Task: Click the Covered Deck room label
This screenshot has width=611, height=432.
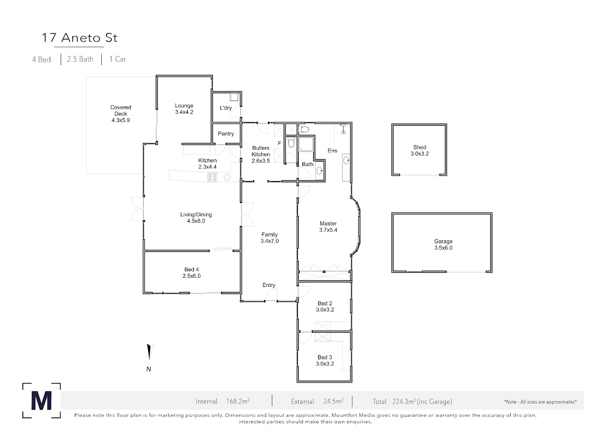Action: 121,110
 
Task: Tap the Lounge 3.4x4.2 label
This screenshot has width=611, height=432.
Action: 184,109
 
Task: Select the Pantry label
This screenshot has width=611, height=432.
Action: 226,134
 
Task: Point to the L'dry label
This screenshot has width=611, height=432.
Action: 226,108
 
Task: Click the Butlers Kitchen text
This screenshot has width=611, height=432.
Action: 261,151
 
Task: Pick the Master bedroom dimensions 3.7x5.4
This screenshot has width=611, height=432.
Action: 328,230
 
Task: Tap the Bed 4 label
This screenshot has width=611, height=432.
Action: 191,270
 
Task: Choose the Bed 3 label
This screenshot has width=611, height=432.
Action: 325,357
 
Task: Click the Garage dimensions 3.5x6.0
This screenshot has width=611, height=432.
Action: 443,248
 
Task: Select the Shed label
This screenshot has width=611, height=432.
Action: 420,147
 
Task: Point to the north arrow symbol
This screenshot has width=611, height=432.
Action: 150,352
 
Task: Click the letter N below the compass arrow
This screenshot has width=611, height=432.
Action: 149,369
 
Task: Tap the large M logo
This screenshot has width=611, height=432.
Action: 41,400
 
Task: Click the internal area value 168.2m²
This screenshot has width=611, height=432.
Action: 238,401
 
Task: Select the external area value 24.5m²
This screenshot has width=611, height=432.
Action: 334,401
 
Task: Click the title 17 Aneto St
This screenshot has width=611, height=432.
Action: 79,38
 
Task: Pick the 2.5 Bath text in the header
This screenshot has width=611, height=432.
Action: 80,59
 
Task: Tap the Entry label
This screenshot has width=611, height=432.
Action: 269,285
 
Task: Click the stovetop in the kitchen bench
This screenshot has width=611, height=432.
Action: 212,178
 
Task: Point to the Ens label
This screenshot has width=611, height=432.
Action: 332,151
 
